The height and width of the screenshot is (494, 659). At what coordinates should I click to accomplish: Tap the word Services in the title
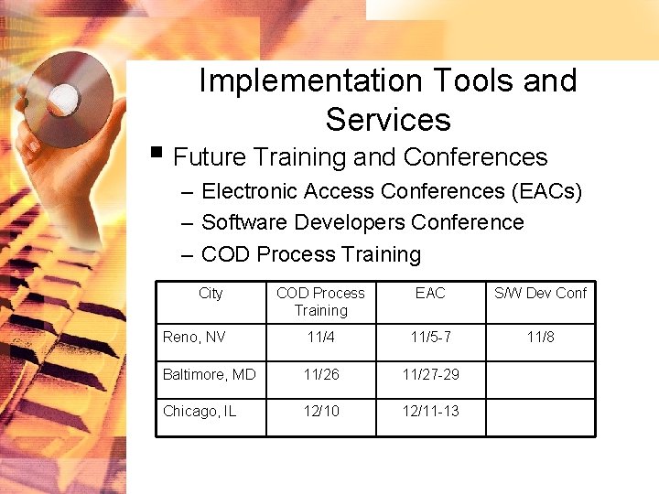click(388, 120)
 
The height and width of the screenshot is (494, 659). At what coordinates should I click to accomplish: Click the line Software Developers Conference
click(362, 222)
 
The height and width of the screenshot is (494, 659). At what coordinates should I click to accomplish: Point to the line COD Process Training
click(311, 254)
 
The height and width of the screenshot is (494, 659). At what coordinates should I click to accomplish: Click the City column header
click(211, 293)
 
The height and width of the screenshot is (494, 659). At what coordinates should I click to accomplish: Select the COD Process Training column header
click(320, 301)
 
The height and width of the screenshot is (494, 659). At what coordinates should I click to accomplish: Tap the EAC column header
click(430, 293)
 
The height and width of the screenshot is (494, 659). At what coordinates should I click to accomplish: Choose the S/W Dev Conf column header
click(540, 293)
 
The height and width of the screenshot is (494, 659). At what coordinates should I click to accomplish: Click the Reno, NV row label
click(194, 338)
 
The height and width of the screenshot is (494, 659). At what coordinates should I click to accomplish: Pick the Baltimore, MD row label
click(209, 374)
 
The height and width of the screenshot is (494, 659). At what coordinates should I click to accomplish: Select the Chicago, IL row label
click(200, 411)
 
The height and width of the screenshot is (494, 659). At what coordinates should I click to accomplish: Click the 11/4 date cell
click(320, 338)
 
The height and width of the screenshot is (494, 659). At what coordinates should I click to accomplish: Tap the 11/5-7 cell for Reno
click(430, 338)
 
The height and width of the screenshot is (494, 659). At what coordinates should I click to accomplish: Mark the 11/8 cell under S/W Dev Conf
click(540, 338)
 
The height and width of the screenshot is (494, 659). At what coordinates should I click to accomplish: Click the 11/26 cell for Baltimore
click(320, 374)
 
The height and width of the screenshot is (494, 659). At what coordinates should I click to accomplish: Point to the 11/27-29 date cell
click(430, 374)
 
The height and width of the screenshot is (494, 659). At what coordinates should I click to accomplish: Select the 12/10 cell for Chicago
click(320, 411)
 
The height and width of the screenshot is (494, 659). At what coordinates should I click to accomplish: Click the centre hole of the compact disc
click(64, 97)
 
